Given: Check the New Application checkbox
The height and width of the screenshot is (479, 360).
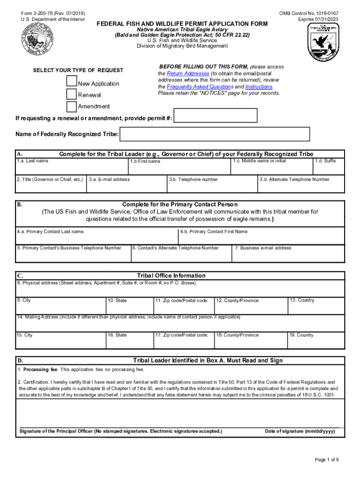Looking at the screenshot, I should pyautogui.click(x=72, y=81).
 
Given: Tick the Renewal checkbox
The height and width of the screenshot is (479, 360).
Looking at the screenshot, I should pyautogui.click(x=72, y=94).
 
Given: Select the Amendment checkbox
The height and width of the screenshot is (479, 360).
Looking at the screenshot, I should pyautogui.click(x=72, y=106).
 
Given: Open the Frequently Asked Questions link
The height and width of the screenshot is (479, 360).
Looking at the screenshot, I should pyautogui.click(x=200, y=87).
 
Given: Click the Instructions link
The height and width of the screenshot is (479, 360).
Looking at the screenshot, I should pyautogui.click(x=258, y=87).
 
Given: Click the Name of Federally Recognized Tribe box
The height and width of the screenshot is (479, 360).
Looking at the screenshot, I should pyautogui.click(x=215, y=134).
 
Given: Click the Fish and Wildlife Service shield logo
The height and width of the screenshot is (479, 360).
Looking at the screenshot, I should pyautogui.click(x=323, y=42).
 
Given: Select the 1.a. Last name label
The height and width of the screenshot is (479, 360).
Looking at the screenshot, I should pyautogui.click(x=32, y=161).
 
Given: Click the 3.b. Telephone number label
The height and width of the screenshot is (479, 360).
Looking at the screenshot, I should pyautogui.click(x=193, y=179).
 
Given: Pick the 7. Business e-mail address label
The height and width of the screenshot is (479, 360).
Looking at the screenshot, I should pyautogui.click(x=263, y=248).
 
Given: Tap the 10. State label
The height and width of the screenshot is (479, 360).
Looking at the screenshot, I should pyautogui.click(x=117, y=300).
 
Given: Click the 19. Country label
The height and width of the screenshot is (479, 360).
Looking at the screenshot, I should pyautogui.click(x=301, y=335).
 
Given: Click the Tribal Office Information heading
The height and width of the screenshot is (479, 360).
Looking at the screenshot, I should pyautogui.click(x=171, y=276).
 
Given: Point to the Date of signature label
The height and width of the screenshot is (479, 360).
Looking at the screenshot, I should pyautogui.click(x=300, y=431).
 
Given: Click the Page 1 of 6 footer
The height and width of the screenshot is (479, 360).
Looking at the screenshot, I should pyautogui.click(x=327, y=460).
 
